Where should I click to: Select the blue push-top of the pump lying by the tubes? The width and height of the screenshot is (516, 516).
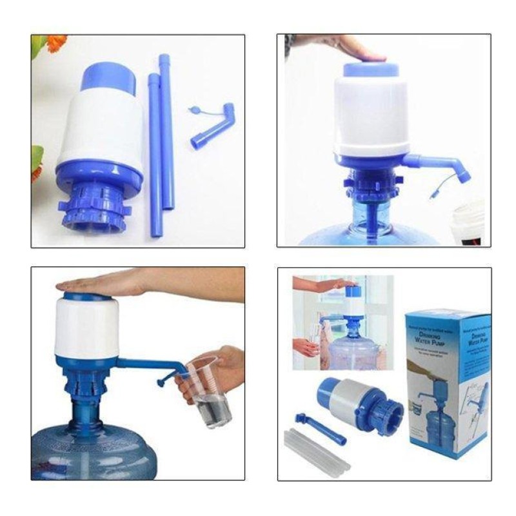click(109, 75)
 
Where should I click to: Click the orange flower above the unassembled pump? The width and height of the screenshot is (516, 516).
click(57, 43)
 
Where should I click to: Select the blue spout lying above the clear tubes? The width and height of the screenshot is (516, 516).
click(320, 428)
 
